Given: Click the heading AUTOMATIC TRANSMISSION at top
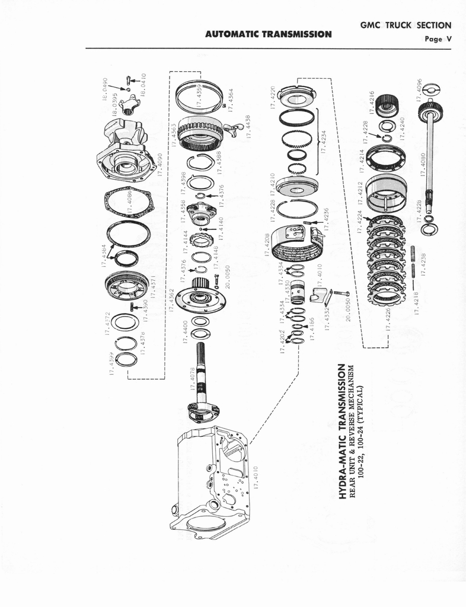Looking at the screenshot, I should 268,34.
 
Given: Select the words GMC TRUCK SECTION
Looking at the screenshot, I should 406,25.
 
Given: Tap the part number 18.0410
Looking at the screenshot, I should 143,85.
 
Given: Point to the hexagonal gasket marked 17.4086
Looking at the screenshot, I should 128,203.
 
